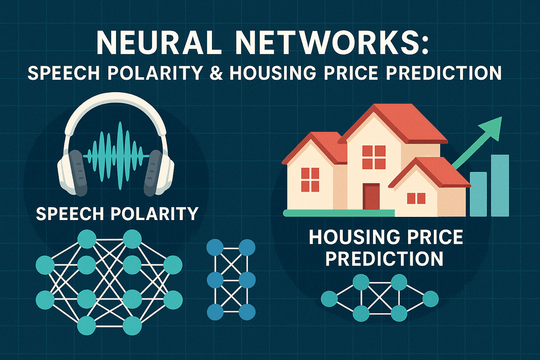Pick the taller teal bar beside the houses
(499, 185)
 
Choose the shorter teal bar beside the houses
(479, 193)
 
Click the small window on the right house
(416, 198)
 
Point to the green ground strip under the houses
(337, 212)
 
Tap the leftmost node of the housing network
(329, 298)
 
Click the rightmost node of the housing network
(431, 298)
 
